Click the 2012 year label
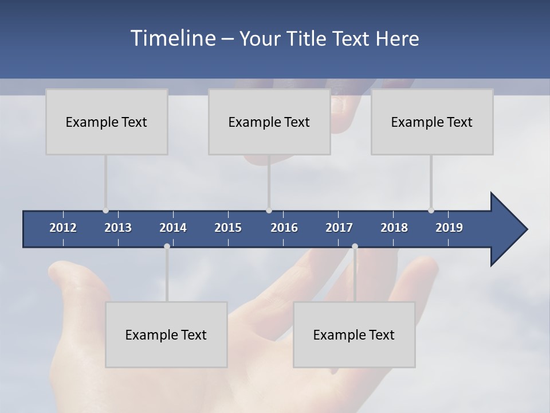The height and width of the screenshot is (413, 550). point(63,228)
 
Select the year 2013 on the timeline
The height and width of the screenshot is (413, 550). point(118,228)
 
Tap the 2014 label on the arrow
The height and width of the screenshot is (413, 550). point(173,228)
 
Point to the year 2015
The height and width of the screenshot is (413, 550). point(228,228)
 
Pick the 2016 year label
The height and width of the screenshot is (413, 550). point(284,228)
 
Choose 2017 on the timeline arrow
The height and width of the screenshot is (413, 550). point(339,228)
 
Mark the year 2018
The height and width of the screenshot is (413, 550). point(394,228)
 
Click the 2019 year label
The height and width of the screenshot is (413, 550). point(449,228)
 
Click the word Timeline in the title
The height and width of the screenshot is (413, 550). point(172,38)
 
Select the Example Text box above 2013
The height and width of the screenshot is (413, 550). point(107,122)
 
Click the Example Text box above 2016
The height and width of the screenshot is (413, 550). point(269,122)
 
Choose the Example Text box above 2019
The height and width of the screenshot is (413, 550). point(432,122)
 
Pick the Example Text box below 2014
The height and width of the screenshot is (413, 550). point(166,334)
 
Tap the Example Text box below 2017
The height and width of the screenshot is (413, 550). point(354,334)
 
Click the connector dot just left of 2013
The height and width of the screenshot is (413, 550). point(105,211)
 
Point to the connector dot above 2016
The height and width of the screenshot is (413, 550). point(269,211)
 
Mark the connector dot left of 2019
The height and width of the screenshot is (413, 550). point(431,211)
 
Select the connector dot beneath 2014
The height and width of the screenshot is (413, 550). point(167,247)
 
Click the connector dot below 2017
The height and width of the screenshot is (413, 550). point(355,247)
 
